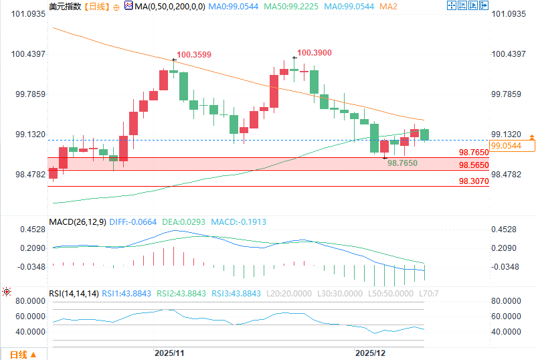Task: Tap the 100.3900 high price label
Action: (315, 52)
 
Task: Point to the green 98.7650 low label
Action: (403, 163)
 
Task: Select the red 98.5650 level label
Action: (474, 165)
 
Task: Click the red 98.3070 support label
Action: (474, 181)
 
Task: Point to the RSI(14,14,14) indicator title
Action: (74, 293)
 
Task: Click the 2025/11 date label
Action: (169, 352)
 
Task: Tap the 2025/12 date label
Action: (370, 352)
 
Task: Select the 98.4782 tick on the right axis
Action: (506, 175)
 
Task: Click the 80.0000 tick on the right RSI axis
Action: (506, 300)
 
